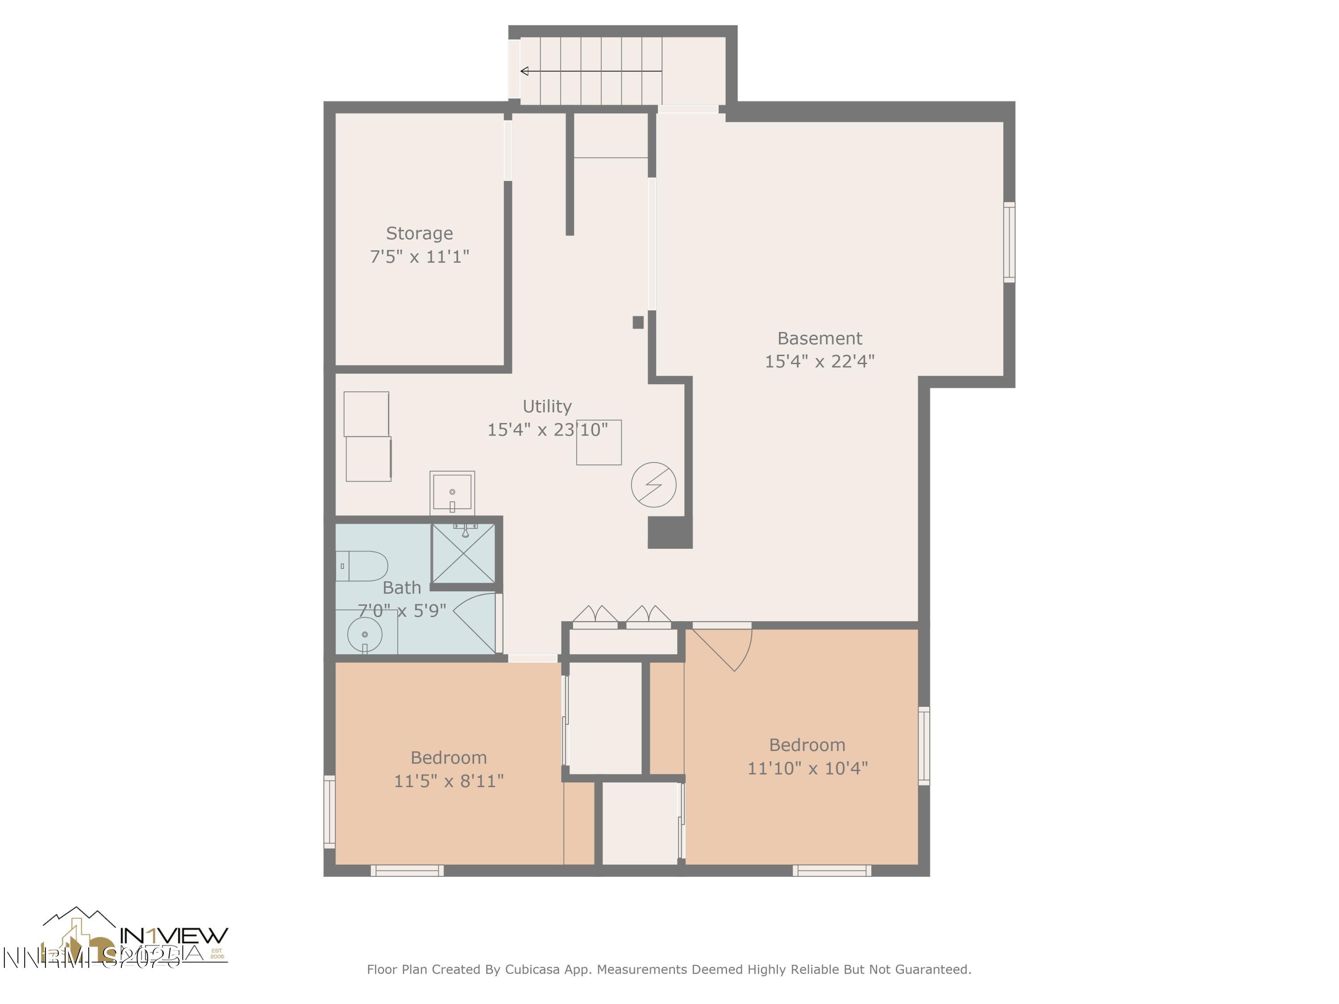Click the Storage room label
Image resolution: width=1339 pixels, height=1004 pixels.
click(x=419, y=233)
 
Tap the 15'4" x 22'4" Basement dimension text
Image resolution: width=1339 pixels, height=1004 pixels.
click(x=819, y=361)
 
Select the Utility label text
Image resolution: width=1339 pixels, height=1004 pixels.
click(x=547, y=406)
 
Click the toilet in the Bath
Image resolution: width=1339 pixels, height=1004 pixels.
click(x=362, y=566)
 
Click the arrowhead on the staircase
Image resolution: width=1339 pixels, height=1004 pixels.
click(x=525, y=71)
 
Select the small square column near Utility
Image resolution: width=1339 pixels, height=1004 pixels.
click(x=638, y=323)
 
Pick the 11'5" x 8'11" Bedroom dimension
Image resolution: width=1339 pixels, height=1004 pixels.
click(x=449, y=781)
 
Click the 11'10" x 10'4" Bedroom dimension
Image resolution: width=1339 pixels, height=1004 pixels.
click(x=807, y=768)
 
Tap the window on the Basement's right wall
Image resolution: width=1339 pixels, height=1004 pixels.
click(x=1009, y=242)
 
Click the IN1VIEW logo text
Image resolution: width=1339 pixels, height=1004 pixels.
click(x=174, y=936)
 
